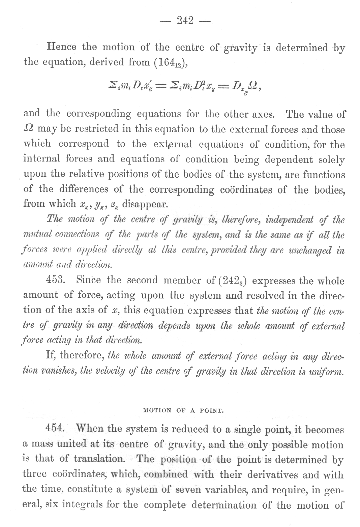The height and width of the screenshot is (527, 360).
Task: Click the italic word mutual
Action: (x=35, y=234)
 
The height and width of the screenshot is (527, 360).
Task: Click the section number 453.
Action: (x=54, y=281)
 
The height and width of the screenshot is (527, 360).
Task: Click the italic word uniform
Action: (x=329, y=371)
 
